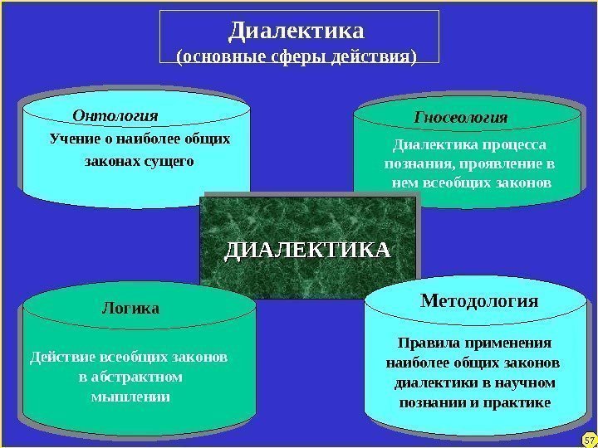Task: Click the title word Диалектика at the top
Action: (297, 32)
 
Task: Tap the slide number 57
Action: (588, 438)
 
